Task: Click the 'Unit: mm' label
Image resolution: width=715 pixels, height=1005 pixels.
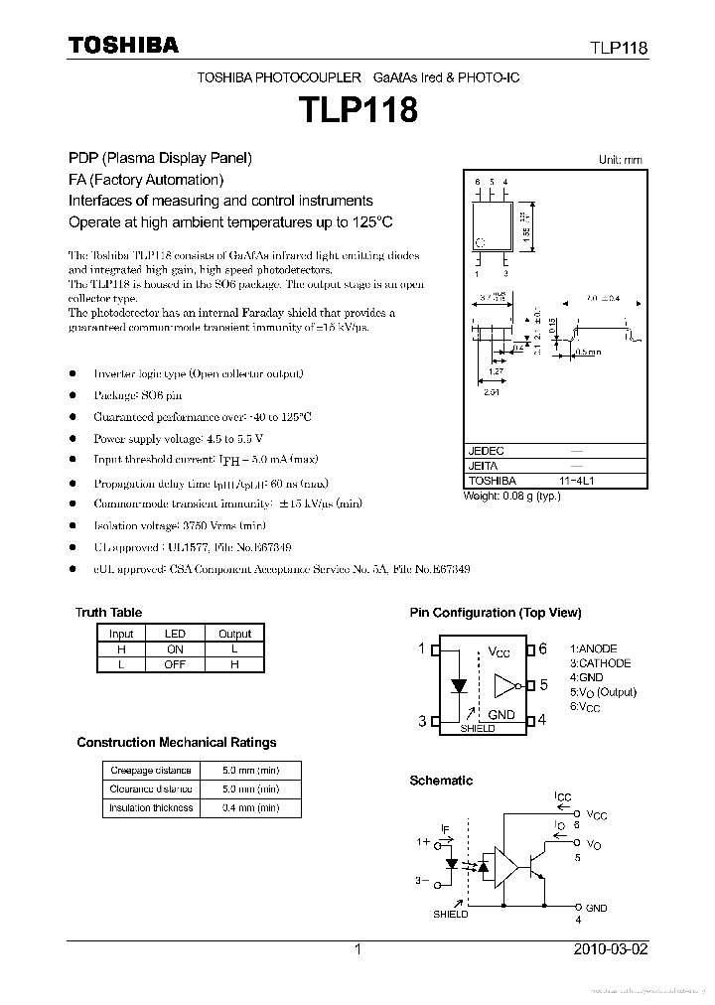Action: pyautogui.click(x=620, y=160)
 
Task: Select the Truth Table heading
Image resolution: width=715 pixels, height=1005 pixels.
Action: pyautogui.click(x=108, y=613)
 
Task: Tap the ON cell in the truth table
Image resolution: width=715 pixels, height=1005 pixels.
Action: pyautogui.click(x=175, y=648)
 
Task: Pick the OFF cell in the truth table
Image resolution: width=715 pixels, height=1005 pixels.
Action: pyautogui.click(x=175, y=664)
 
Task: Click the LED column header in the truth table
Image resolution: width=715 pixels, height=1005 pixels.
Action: pyautogui.click(x=175, y=634)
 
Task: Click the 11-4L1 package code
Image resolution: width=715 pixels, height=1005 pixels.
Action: pyautogui.click(x=576, y=480)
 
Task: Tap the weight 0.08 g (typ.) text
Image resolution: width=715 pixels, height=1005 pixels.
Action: pyautogui.click(x=511, y=496)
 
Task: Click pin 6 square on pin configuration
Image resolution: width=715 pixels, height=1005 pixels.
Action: pyautogui.click(x=531, y=649)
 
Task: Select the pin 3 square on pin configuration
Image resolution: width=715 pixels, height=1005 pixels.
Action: pyautogui.click(x=433, y=721)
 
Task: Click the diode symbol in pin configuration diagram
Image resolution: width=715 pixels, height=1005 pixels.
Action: pyautogui.click(x=458, y=685)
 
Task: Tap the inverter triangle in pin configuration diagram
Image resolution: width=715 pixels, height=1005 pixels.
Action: pyautogui.click(x=504, y=685)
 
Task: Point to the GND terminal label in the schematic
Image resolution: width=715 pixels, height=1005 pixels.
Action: pyautogui.click(x=596, y=908)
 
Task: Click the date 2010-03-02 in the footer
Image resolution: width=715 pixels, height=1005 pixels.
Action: pyautogui.click(x=611, y=949)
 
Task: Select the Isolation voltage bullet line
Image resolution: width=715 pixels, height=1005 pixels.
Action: pyautogui.click(x=180, y=525)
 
